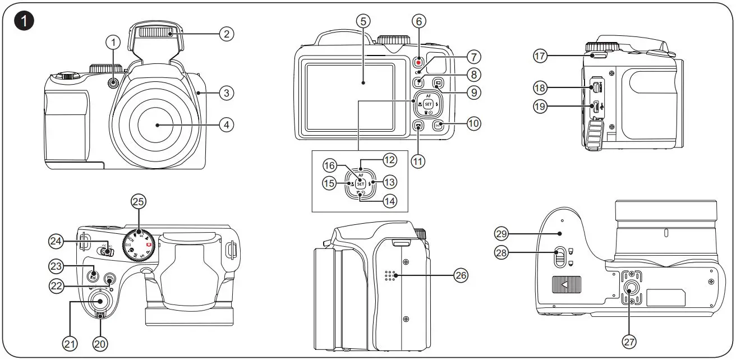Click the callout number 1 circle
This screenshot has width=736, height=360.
coord(114,41)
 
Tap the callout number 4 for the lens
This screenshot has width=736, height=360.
coord(226,124)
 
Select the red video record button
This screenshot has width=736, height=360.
coord(418,63)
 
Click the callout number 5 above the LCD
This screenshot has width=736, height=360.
coord(363,21)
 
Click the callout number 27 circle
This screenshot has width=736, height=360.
coord(629,340)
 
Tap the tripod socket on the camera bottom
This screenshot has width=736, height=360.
coord(631,289)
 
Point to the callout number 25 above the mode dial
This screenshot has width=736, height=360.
coord(137,201)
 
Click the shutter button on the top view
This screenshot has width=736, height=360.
coord(100,301)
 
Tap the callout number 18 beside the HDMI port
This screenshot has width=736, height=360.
coord(541,87)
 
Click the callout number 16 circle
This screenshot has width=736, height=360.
coord(330,165)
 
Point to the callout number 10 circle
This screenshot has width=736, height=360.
coord(474,124)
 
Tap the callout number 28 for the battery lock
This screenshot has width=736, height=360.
coord(502,252)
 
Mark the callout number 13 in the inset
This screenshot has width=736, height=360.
coord(390,181)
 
